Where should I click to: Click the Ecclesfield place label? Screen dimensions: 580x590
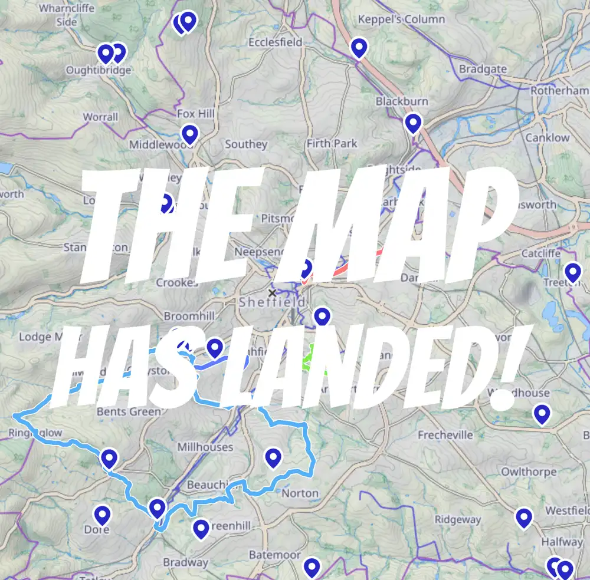[275, 42]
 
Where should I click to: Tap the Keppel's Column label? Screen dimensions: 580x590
[401, 19]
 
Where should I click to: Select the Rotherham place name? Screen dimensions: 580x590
[559, 91]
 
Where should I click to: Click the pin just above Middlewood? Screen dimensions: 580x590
[189, 134]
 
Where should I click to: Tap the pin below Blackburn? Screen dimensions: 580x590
[413, 123]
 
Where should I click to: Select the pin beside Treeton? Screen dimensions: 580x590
[572, 272]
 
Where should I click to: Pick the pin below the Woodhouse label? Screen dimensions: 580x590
[541, 414]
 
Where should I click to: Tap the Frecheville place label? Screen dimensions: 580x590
[445, 435]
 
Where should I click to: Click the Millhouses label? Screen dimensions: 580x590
[205, 447]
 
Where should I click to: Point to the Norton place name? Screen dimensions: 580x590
[300, 493]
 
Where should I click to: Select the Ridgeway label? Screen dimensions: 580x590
[458, 520]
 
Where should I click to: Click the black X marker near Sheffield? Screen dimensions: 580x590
[272, 292]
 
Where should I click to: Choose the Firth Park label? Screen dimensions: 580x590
[332, 143]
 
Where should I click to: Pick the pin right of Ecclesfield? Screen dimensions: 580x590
[358, 47]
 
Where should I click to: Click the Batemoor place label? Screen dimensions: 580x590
[274, 555]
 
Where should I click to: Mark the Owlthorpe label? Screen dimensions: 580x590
[529, 472]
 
